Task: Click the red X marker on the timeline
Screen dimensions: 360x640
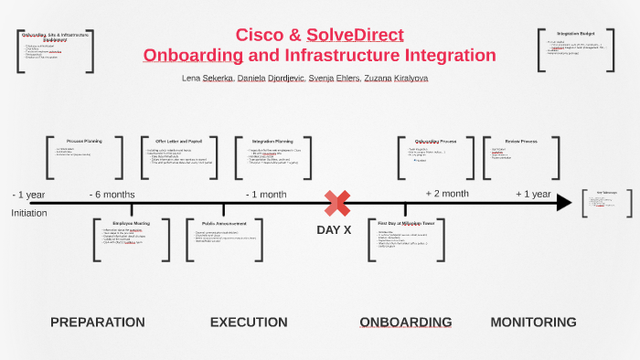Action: click(337, 203)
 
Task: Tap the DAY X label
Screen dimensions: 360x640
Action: click(334, 230)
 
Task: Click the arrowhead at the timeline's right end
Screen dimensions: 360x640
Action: click(564, 202)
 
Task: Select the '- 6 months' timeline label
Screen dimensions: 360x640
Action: click(112, 195)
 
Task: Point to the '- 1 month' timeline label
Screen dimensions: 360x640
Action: click(266, 195)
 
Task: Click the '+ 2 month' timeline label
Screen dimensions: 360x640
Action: click(447, 194)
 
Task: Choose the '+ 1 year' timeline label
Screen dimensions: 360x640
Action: click(533, 194)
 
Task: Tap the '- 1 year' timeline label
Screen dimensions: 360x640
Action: click(29, 195)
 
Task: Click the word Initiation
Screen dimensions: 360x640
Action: click(29, 213)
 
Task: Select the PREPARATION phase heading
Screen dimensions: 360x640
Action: click(97, 322)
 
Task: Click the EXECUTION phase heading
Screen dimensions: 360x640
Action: click(249, 322)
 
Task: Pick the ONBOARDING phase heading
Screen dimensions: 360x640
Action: click(405, 322)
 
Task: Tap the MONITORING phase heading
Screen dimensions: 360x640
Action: click(533, 322)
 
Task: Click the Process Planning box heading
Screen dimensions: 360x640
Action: click(84, 142)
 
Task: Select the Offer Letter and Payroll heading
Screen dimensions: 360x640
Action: click(178, 142)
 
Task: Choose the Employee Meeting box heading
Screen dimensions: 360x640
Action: click(131, 222)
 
